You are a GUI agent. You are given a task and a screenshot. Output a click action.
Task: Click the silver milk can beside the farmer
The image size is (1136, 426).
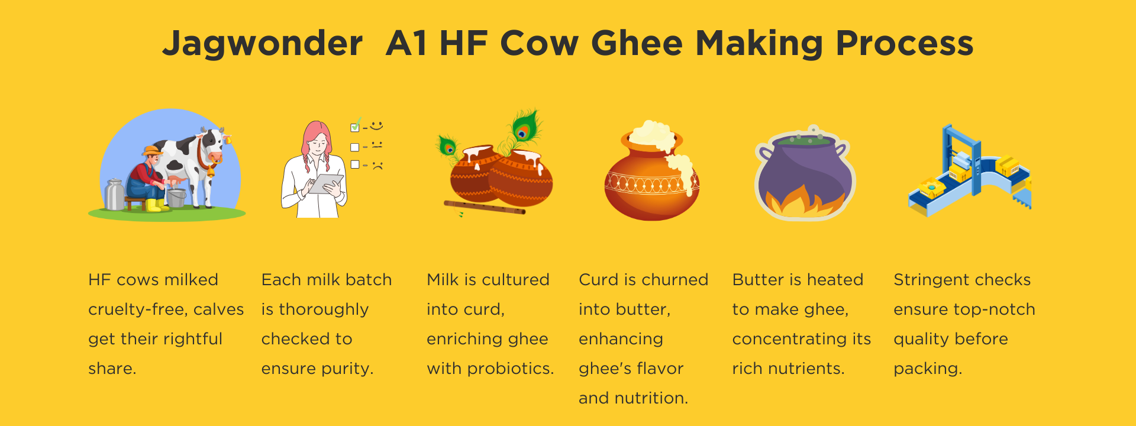(114, 195)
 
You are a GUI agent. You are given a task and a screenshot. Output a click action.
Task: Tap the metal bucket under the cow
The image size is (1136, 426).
(176, 198)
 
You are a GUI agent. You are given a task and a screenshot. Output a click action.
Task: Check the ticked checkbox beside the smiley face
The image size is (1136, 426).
(355, 127)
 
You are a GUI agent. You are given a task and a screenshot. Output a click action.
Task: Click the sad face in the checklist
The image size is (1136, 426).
(377, 166)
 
